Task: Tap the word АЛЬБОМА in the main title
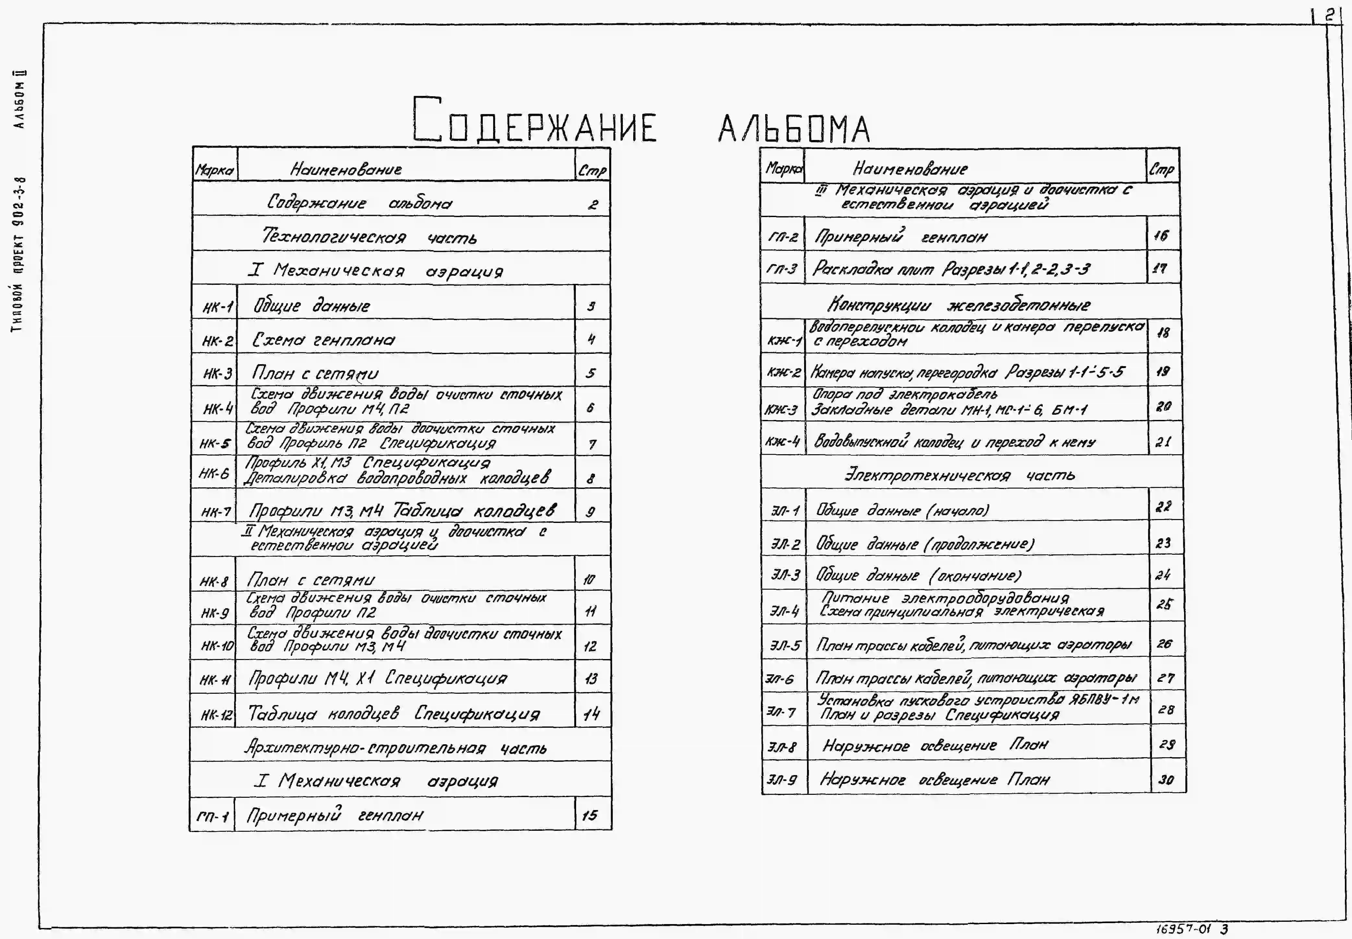coord(793,129)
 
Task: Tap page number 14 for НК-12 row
coord(591,714)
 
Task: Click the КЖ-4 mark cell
coord(783,441)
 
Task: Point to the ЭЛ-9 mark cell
coord(782,780)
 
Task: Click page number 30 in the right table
coord(1166,780)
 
